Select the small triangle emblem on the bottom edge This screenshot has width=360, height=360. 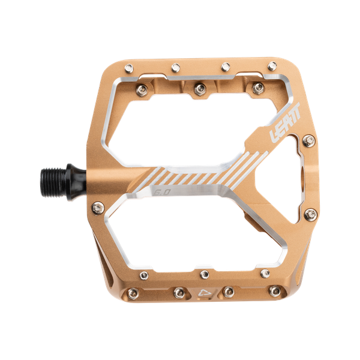[x=202, y=293]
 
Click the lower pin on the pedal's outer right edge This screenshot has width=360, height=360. [x=310, y=214]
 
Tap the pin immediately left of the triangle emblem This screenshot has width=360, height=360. [x=179, y=292]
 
